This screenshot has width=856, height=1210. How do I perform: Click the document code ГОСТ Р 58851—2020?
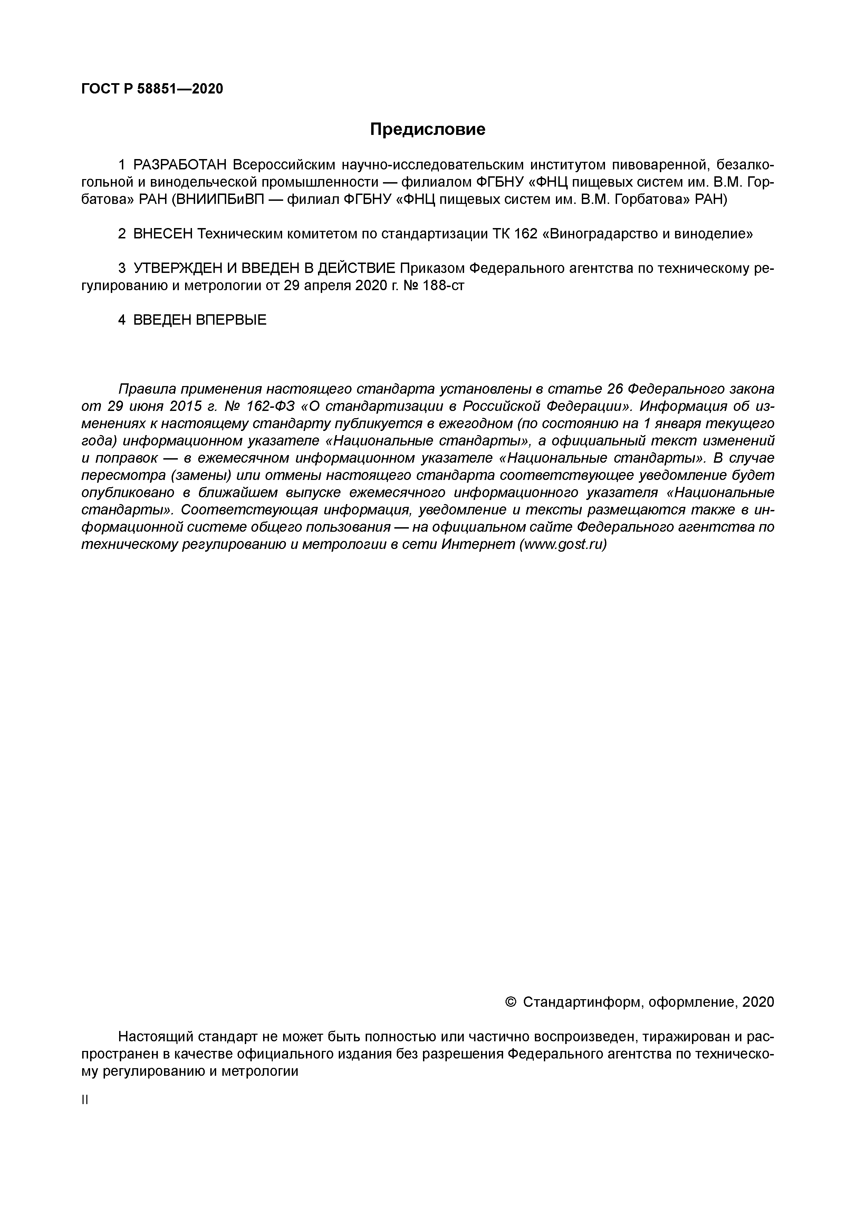pyautogui.click(x=152, y=89)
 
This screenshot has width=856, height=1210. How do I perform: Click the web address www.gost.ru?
pyautogui.click(x=563, y=544)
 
